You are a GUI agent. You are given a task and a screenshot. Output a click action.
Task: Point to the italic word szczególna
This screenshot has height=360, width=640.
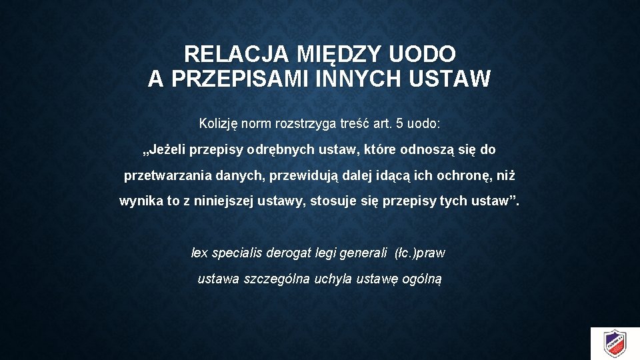click(274, 279)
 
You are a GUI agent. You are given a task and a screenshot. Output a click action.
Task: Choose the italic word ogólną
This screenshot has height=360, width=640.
click(421, 279)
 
